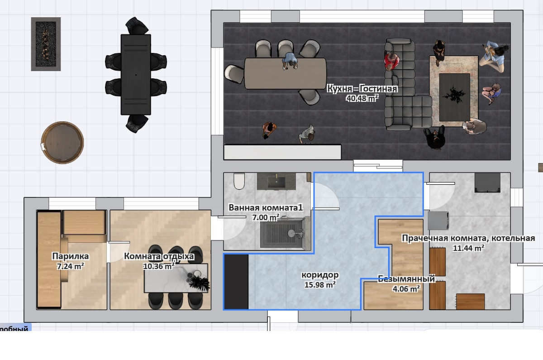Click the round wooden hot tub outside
62,142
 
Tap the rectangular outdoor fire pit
46,44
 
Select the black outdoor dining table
136,74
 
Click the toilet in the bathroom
239,181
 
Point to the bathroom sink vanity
276,181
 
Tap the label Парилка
71,256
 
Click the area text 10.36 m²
159,266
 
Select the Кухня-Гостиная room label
362,89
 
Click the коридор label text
320,275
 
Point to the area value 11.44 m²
469,248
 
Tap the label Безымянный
406,279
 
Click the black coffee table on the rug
455,97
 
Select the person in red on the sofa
391,62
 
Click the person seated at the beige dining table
290,61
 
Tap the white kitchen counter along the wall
282,152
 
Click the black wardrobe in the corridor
236,282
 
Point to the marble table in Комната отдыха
176,278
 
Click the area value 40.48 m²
362,98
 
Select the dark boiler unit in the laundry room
487,182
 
